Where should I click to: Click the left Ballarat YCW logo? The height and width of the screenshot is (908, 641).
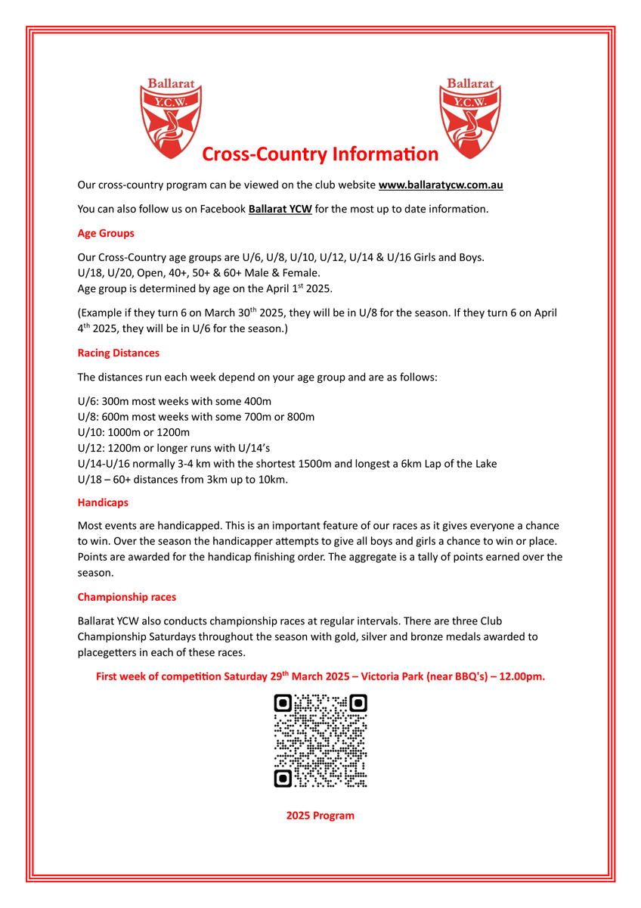(x=171, y=120)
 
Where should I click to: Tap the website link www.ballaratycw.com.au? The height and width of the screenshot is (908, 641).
(x=441, y=185)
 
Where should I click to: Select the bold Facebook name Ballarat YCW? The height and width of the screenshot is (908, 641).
(x=280, y=209)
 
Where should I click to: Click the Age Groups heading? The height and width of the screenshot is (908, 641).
(x=106, y=233)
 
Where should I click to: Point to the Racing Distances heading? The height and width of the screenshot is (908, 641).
(x=119, y=353)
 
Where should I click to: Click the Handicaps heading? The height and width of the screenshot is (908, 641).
(x=103, y=502)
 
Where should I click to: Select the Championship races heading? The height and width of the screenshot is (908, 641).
(x=127, y=597)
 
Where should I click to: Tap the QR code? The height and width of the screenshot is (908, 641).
(x=320, y=741)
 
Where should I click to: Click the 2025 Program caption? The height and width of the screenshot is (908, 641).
(x=320, y=816)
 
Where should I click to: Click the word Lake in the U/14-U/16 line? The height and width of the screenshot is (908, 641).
(x=484, y=463)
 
